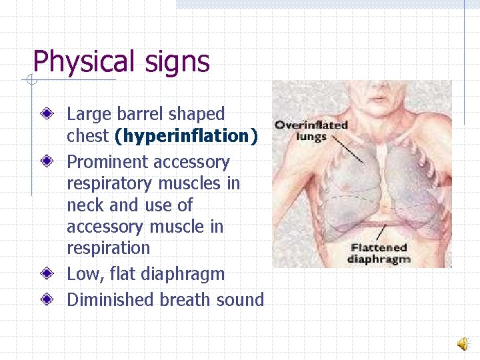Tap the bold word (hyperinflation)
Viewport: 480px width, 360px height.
[x=186, y=137]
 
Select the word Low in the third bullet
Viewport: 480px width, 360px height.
[x=82, y=274]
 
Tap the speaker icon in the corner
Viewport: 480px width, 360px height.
[x=462, y=343]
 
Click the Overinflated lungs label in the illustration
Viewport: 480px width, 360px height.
[x=311, y=131]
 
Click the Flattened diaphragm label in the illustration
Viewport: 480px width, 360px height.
[x=379, y=253]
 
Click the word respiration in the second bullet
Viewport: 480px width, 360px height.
[x=108, y=248]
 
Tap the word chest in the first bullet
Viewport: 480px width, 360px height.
[x=87, y=137]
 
